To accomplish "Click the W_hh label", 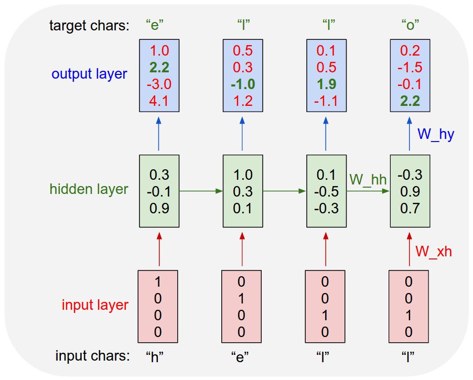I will [368, 180].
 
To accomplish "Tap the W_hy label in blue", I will [436, 134].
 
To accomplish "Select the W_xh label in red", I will [434, 252].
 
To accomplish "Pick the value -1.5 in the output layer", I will [410, 68].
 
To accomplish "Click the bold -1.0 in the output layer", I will [243, 84].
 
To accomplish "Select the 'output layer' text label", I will [89, 74].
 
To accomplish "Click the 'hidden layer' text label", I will [89, 189].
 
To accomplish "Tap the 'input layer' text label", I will [95, 305].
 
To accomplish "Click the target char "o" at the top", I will [410, 25].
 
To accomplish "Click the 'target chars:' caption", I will [89, 25].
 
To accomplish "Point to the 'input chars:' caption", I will [92, 356].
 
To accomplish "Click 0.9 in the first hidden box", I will [159, 208].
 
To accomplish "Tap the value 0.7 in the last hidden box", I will [410, 208].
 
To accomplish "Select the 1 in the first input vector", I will [158, 282].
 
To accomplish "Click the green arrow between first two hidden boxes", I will [201, 191].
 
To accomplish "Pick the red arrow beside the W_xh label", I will [410, 250].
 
